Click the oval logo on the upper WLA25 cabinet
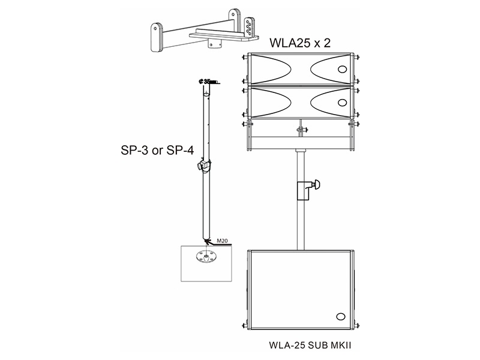[343, 70]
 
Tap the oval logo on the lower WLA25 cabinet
[343, 102]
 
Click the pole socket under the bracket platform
[213, 44]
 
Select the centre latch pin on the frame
[299, 127]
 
